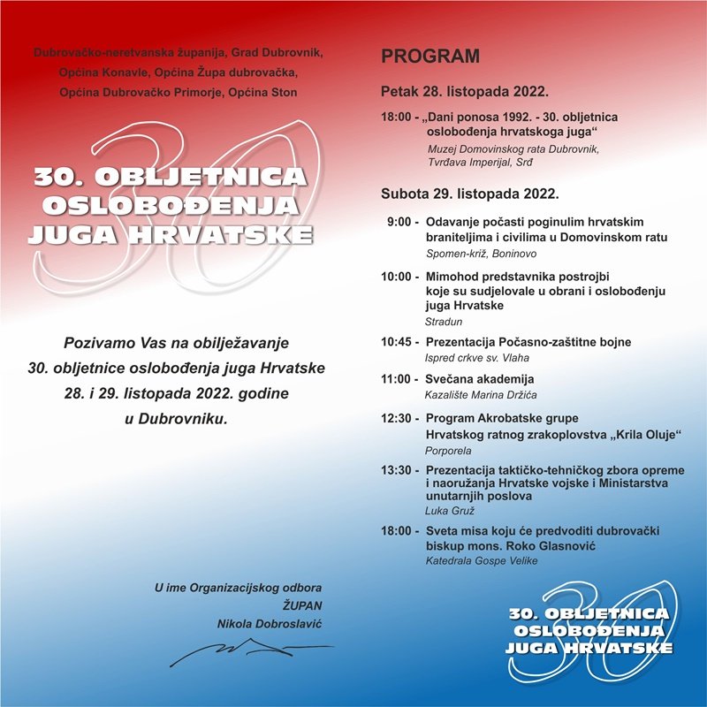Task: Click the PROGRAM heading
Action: click(430, 57)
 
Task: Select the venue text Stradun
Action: click(445, 322)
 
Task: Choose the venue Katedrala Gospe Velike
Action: click(482, 561)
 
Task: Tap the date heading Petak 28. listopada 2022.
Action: click(465, 92)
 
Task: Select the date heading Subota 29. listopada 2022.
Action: click(469, 193)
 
